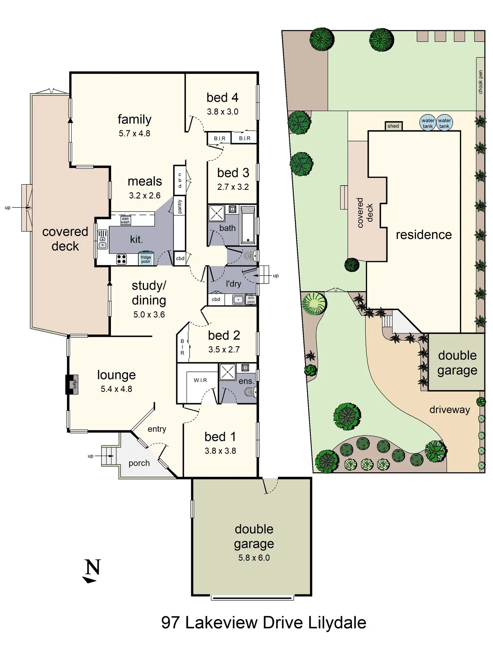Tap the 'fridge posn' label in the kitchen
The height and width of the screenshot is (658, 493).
[146, 259]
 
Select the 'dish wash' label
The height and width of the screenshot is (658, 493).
[125, 220]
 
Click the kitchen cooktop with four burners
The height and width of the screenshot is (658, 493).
[121, 259]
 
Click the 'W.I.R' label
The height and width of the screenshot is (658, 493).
[200, 380]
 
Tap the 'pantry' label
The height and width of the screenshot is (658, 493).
[180, 206]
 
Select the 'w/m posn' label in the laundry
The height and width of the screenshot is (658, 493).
[251, 300]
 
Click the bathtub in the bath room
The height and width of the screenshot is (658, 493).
[248, 225]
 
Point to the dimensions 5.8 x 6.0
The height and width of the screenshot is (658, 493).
[254, 558]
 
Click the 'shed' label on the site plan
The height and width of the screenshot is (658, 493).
[393, 126]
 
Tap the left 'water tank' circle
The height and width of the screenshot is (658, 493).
[428, 123]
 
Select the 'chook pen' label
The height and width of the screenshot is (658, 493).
[481, 82]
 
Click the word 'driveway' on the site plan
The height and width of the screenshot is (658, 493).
[449, 410]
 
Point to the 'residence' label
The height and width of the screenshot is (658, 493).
[424, 235]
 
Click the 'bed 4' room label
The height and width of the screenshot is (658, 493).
[222, 98]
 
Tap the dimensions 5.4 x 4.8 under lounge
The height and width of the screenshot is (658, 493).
[116, 389]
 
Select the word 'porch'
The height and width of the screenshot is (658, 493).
[139, 463]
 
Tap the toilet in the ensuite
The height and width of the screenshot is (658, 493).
[250, 392]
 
